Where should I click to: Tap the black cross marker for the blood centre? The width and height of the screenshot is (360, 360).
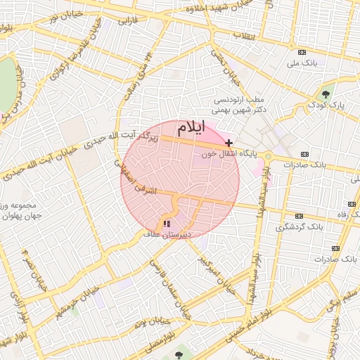tap(229, 143)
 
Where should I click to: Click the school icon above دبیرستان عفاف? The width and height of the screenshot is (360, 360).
tap(167, 224)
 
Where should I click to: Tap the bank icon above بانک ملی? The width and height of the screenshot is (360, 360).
tap(302, 53)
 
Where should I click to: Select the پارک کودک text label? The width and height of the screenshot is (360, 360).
tap(328, 105)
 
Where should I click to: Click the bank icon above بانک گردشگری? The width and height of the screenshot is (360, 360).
tap(300, 216)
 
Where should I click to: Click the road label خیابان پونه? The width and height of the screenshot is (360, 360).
tap(144, 324)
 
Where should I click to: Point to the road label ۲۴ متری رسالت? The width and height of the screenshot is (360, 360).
tap(139, 76)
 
